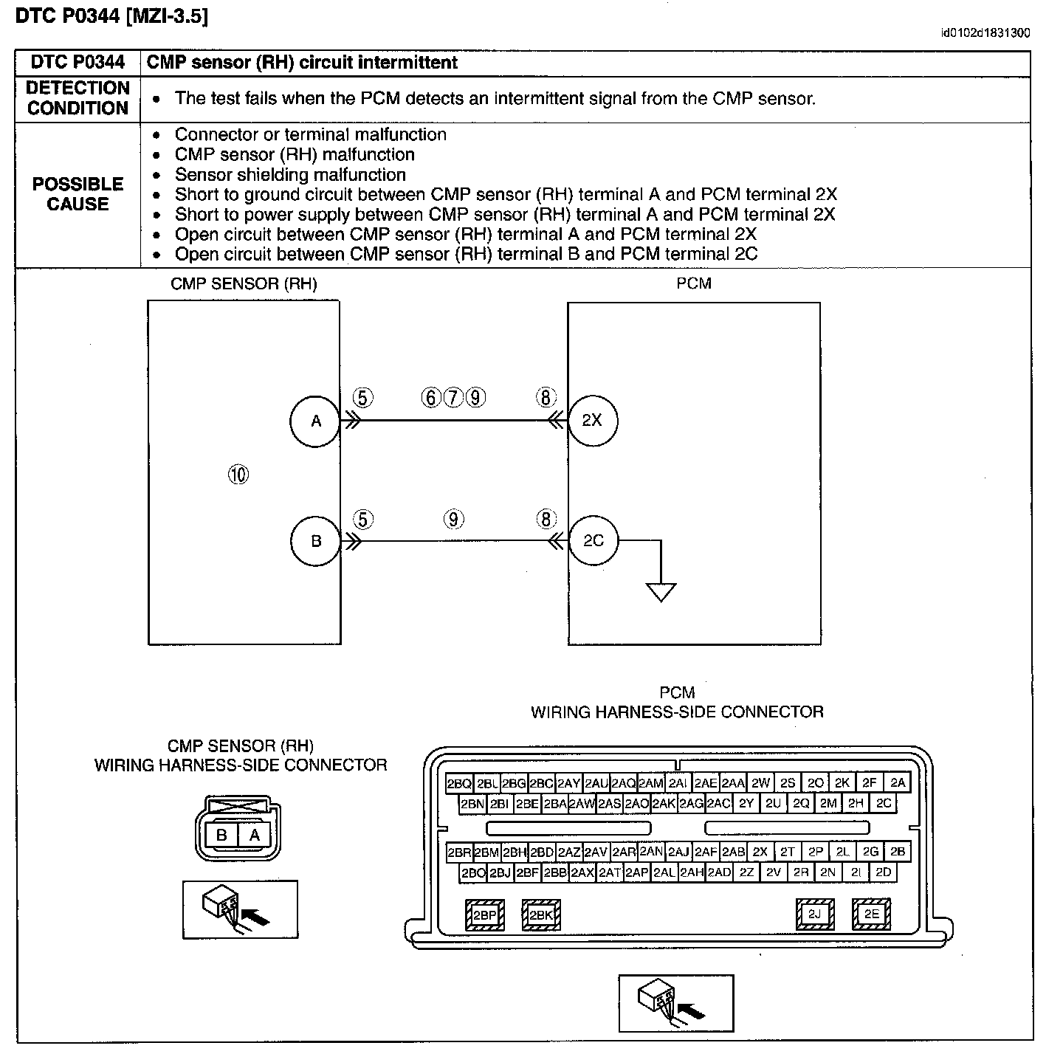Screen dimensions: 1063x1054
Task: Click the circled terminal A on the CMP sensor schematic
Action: click(315, 421)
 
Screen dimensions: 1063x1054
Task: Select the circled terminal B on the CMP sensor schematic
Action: click(315, 541)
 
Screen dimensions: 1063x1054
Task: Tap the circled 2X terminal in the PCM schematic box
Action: click(593, 421)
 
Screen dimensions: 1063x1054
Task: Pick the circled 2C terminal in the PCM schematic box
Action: click(593, 540)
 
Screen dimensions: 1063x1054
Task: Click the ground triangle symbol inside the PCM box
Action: click(661, 591)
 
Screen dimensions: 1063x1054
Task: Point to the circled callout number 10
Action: click(238, 475)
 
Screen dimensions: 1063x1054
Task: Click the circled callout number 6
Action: click(431, 397)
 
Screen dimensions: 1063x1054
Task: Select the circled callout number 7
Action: click(453, 397)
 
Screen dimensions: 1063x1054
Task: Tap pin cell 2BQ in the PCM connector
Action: click(459, 783)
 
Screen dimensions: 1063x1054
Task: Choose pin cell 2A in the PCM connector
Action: click(898, 782)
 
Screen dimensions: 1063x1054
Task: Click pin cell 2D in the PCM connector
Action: click(883, 872)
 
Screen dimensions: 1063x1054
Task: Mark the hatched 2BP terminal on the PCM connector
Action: click(484, 915)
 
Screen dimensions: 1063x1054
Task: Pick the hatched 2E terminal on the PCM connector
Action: click(872, 914)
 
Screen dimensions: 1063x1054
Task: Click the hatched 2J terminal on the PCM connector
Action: click(815, 914)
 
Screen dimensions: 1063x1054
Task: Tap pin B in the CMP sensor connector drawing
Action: click(221, 835)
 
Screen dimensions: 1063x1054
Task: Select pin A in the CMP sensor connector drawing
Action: click(254, 835)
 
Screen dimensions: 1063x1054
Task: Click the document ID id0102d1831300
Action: click(985, 33)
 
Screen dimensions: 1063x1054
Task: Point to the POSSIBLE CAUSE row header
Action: click(78, 193)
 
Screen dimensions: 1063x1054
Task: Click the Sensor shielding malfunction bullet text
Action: click(290, 174)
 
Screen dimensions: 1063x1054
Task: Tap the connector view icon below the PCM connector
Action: click(676, 1003)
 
